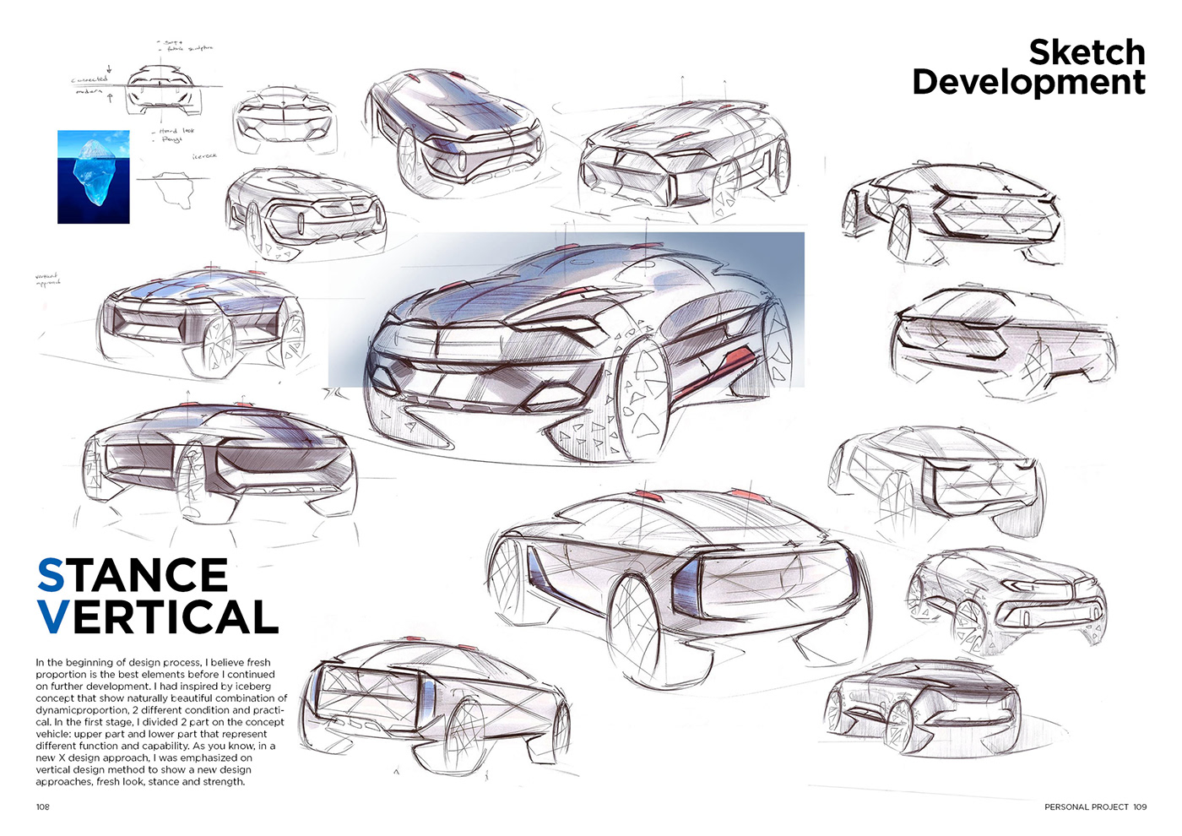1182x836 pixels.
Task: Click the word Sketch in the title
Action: coord(1087,52)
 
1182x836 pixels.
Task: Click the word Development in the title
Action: coord(1028,83)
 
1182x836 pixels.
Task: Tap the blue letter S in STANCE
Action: coord(51,576)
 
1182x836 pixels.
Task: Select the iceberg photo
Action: coord(94,176)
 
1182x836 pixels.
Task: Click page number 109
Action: coord(1140,807)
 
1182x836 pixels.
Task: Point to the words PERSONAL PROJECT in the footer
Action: coord(1086,807)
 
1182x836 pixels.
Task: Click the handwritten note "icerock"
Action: coord(204,156)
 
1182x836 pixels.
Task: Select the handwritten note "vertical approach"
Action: coord(47,279)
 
